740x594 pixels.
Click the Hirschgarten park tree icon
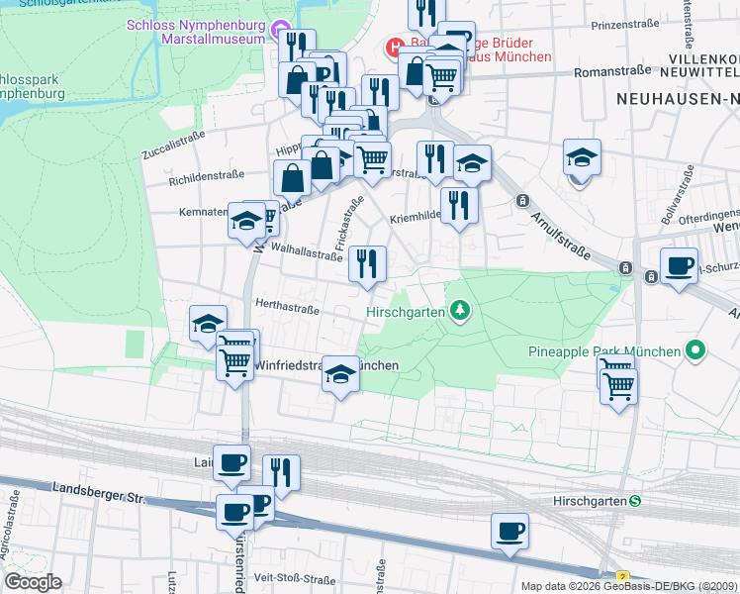pyautogui.click(x=458, y=312)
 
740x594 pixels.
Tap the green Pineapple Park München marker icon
pyautogui.click(x=695, y=350)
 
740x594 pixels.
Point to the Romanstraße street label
pyautogui.click(x=612, y=70)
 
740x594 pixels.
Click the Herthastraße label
pyautogui.click(x=287, y=309)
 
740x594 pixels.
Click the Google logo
pyautogui.click(x=33, y=581)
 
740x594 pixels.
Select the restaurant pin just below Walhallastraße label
pyautogui.click(x=367, y=264)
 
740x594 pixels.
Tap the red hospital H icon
pyautogui.click(x=394, y=47)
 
